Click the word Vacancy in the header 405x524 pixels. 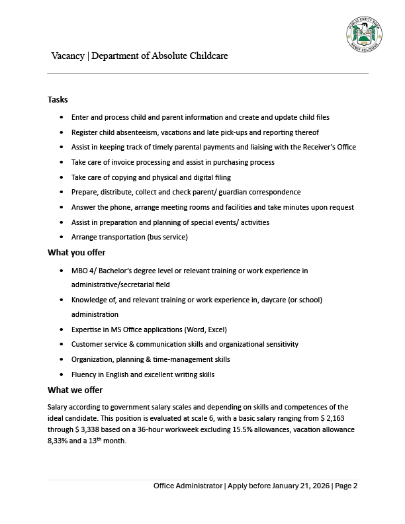click(x=67, y=56)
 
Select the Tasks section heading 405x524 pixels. click(x=58, y=99)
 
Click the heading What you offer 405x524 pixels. click(x=76, y=252)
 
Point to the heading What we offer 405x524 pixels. click(x=75, y=390)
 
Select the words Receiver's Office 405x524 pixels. click(x=327, y=147)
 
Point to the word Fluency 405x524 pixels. click(x=85, y=374)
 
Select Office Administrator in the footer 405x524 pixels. click(x=188, y=486)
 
